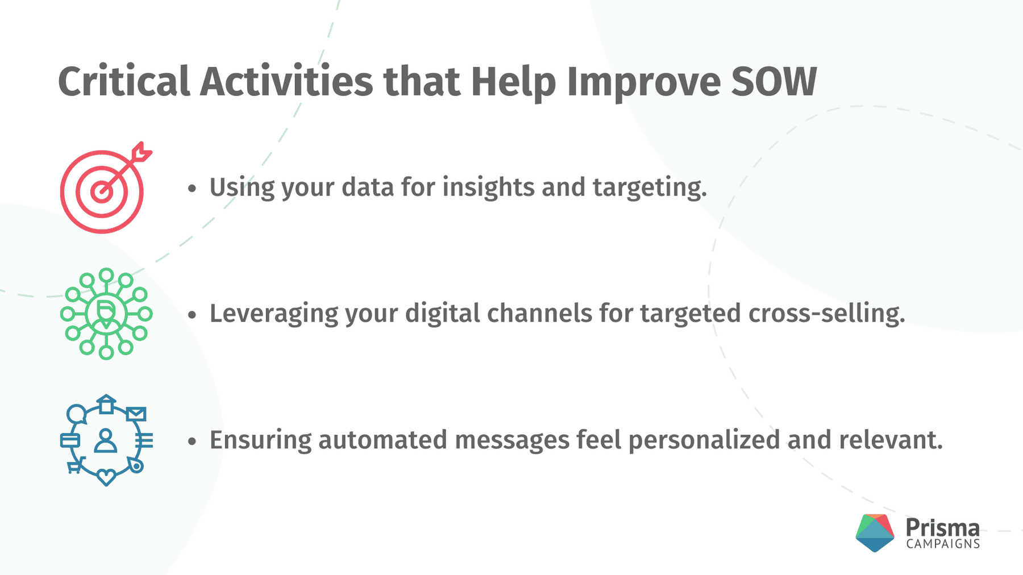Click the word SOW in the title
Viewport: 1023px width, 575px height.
pyautogui.click(x=774, y=82)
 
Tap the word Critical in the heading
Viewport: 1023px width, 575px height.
pyautogui.click(x=124, y=81)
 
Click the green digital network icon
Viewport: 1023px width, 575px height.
pyautogui.click(x=106, y=314)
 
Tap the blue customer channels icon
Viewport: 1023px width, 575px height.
pyautogui.click(x=106, y=440)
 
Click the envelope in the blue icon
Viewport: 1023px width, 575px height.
pyautogui.click(x=136, y=414)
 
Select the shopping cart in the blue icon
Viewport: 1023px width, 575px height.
pyautogui.click(x=76, y=466)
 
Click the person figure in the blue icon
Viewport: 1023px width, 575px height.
pyautogui.click(x=106, y=441)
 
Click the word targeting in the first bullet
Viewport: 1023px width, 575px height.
pyautogui.click(x=650, y=188)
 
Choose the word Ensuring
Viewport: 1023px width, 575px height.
pyautogui.click(x=261, y=441)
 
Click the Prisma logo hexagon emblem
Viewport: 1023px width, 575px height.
pyautogui.click(x=875, y=533)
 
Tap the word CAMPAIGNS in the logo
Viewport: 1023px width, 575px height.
pyautogui.click(x=943, y=544)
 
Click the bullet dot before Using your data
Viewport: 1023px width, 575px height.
pyautogui.click(x=192, y=189)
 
